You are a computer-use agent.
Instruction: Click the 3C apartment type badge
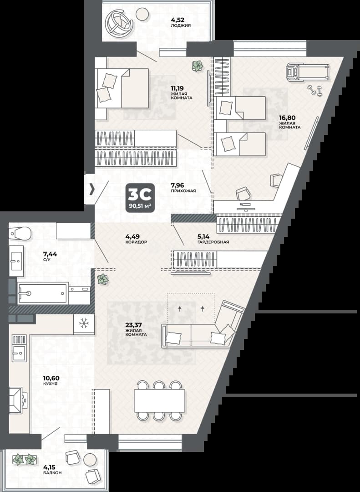coord(140,198)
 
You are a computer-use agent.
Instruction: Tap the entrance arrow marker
coord(92,189)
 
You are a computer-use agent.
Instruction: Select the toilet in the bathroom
coord(20,233)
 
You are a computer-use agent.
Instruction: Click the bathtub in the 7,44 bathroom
coord(43,293)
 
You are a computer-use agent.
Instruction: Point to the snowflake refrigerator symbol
coord(84,323)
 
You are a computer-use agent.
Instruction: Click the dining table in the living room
coord(159,400)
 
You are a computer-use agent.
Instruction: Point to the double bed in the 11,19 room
coord(122,88)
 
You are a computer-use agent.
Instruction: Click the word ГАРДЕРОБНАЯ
coord(213,242)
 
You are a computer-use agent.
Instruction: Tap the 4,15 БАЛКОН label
coord(52,470)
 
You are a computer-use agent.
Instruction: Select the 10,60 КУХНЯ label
coord(51,380)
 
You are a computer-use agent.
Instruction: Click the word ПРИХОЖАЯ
coord(183,191)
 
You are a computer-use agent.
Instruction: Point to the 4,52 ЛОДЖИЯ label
coord(181,23)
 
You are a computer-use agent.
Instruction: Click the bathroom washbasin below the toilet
coord(16,261)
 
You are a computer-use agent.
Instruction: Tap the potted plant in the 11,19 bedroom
coord(197,66)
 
